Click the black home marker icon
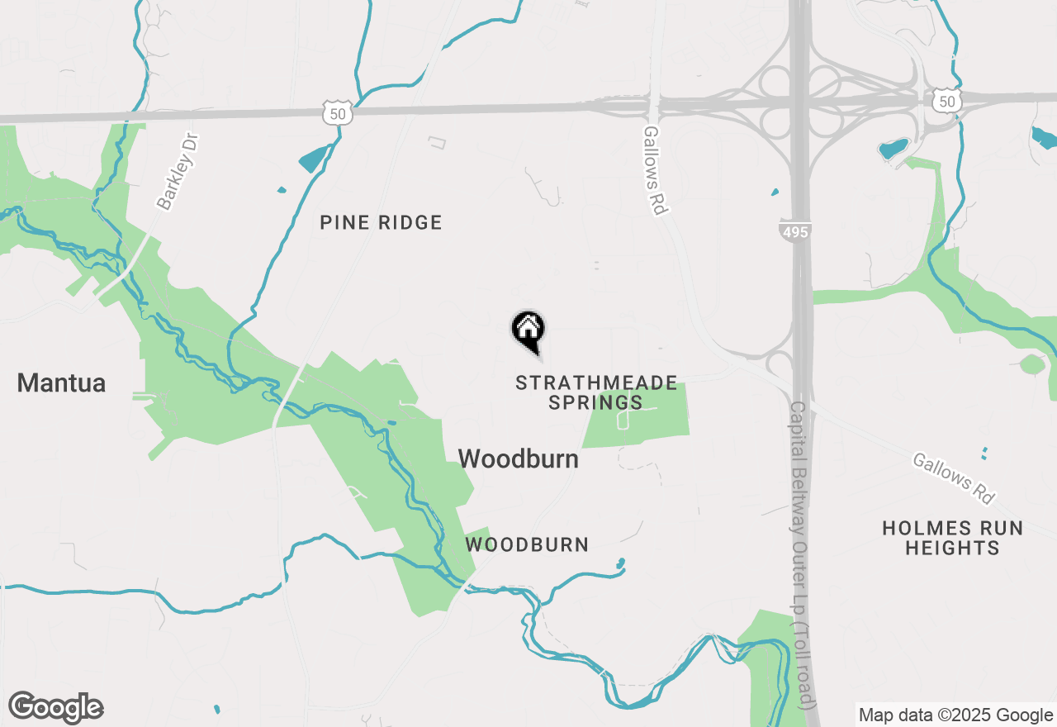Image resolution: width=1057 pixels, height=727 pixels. (528, 330)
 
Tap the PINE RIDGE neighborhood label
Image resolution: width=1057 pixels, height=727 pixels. (381, 222)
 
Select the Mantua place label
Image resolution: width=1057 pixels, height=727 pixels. (61, 383)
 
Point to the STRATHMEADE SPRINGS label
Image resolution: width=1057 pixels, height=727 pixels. (596, 392)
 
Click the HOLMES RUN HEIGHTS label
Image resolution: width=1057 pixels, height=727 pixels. (952, 538)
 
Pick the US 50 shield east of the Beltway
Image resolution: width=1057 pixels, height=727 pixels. (947, 100)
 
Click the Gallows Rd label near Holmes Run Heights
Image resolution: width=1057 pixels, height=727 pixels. (954, 478)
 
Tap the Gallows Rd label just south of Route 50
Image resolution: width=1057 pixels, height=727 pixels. (654, 170)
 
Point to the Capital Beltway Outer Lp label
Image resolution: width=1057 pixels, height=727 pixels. (801, 554)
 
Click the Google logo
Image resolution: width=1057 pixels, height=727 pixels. (56, 708)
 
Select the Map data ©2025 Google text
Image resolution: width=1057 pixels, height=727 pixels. (955, 715)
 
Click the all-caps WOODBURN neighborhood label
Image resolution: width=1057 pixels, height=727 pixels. (527, 544)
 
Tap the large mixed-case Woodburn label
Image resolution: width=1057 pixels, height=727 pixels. (518, 459)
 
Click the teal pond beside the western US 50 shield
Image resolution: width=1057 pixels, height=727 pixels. (315, 158)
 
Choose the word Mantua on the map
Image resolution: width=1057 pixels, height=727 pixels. (61, 383)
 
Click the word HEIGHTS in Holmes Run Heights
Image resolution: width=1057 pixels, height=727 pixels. (952, 548)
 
